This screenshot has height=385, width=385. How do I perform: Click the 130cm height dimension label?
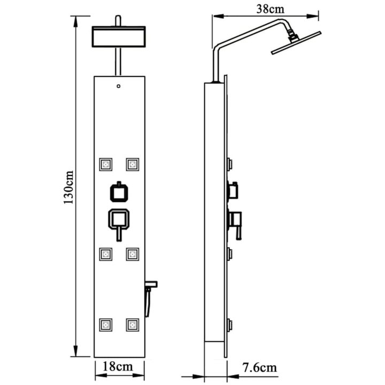point(68,187)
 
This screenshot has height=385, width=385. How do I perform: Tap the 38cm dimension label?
point(271,9)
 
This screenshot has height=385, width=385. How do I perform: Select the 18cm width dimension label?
point(118,367)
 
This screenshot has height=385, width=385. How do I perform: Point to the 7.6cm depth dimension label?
point(259,367)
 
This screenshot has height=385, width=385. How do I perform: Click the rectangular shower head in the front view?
point(119,36)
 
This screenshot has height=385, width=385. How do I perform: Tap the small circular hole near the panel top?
point(119,86)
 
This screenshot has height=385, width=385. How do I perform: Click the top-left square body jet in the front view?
point(106,164)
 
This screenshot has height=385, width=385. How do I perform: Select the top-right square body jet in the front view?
point(133,164)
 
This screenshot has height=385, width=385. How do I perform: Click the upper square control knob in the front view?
point(119,192)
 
